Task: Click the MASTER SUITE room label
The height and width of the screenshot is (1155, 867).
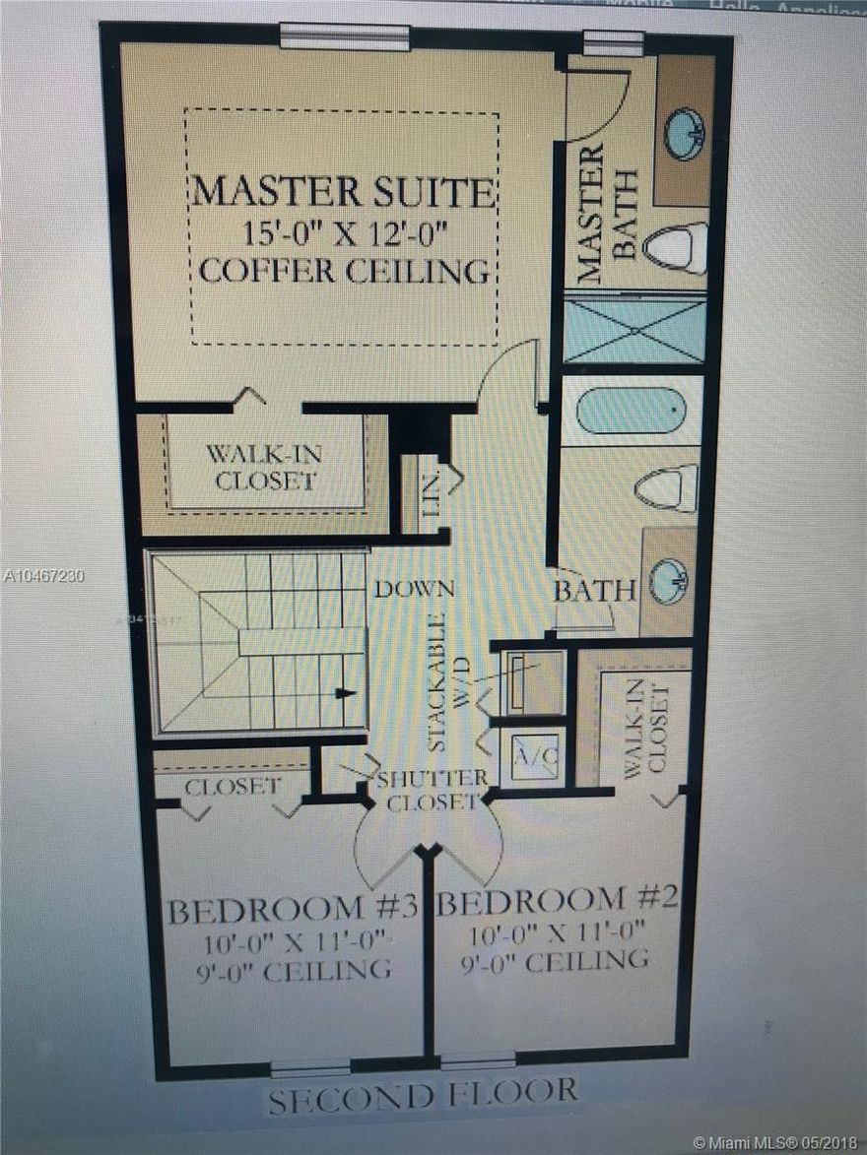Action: [342, 190]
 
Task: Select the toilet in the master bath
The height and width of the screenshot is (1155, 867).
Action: [677, 246]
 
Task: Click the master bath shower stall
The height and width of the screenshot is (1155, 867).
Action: [634, 330]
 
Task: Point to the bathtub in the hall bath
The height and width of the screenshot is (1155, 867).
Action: [631, 411]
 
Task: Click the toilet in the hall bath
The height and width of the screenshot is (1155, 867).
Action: [667, 486]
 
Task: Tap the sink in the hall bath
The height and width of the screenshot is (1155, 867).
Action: [670, 582]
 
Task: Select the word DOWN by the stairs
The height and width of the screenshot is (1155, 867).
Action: [413, 590]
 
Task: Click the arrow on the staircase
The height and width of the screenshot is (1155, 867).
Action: [344, 693]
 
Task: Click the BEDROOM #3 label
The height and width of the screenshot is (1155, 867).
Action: [293, 909]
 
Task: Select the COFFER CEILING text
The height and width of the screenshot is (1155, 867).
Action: [343, 270]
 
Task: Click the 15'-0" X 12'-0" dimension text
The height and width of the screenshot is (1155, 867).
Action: [342, 233]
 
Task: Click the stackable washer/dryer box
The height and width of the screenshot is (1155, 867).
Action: [532, 681]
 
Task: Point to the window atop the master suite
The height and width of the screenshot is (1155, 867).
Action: [344, 36]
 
